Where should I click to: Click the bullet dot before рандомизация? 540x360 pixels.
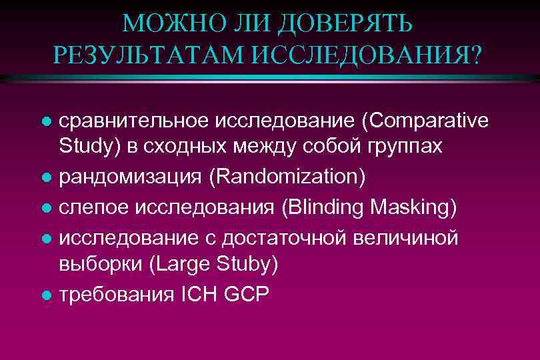tap(45, 177)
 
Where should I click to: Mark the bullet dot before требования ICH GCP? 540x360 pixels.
tap(45, 295)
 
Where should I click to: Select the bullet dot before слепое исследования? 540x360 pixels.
tap(45, 208)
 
